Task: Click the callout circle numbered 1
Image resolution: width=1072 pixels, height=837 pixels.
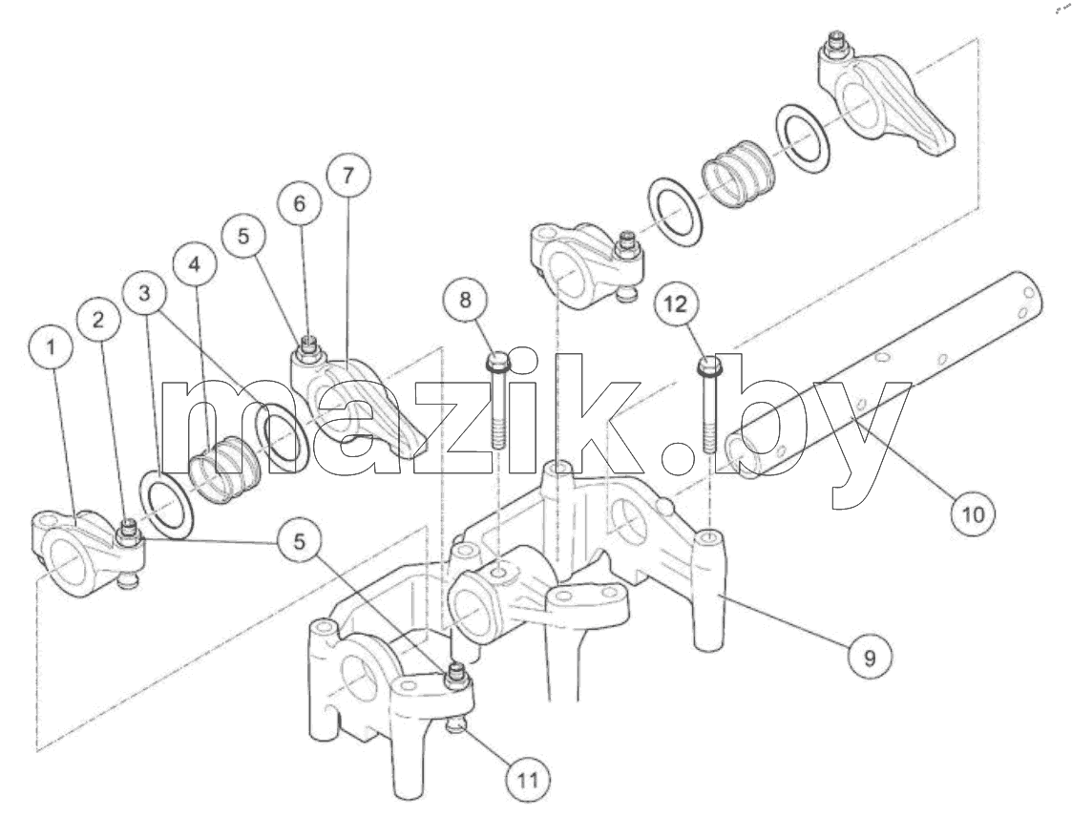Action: point(51,346)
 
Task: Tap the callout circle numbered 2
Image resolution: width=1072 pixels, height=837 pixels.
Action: point(98,319)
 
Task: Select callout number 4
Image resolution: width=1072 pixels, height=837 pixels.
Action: point(195,265)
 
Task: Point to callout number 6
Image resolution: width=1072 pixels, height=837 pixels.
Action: point(299,203)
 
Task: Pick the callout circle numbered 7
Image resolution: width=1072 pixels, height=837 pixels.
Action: point(347,176)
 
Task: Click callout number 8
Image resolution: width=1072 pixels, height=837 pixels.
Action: point(465,300)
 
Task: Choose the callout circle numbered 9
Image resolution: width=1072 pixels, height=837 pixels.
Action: point(870,658)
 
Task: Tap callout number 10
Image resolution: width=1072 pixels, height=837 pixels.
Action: point(974,513)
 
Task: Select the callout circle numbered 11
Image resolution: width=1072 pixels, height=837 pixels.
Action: point(528,780)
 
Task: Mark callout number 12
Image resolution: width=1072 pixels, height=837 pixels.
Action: point(676,303)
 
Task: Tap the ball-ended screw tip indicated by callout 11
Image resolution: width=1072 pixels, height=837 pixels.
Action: point(455,725)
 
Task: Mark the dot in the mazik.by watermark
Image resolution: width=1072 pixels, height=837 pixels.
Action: point(688,455)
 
